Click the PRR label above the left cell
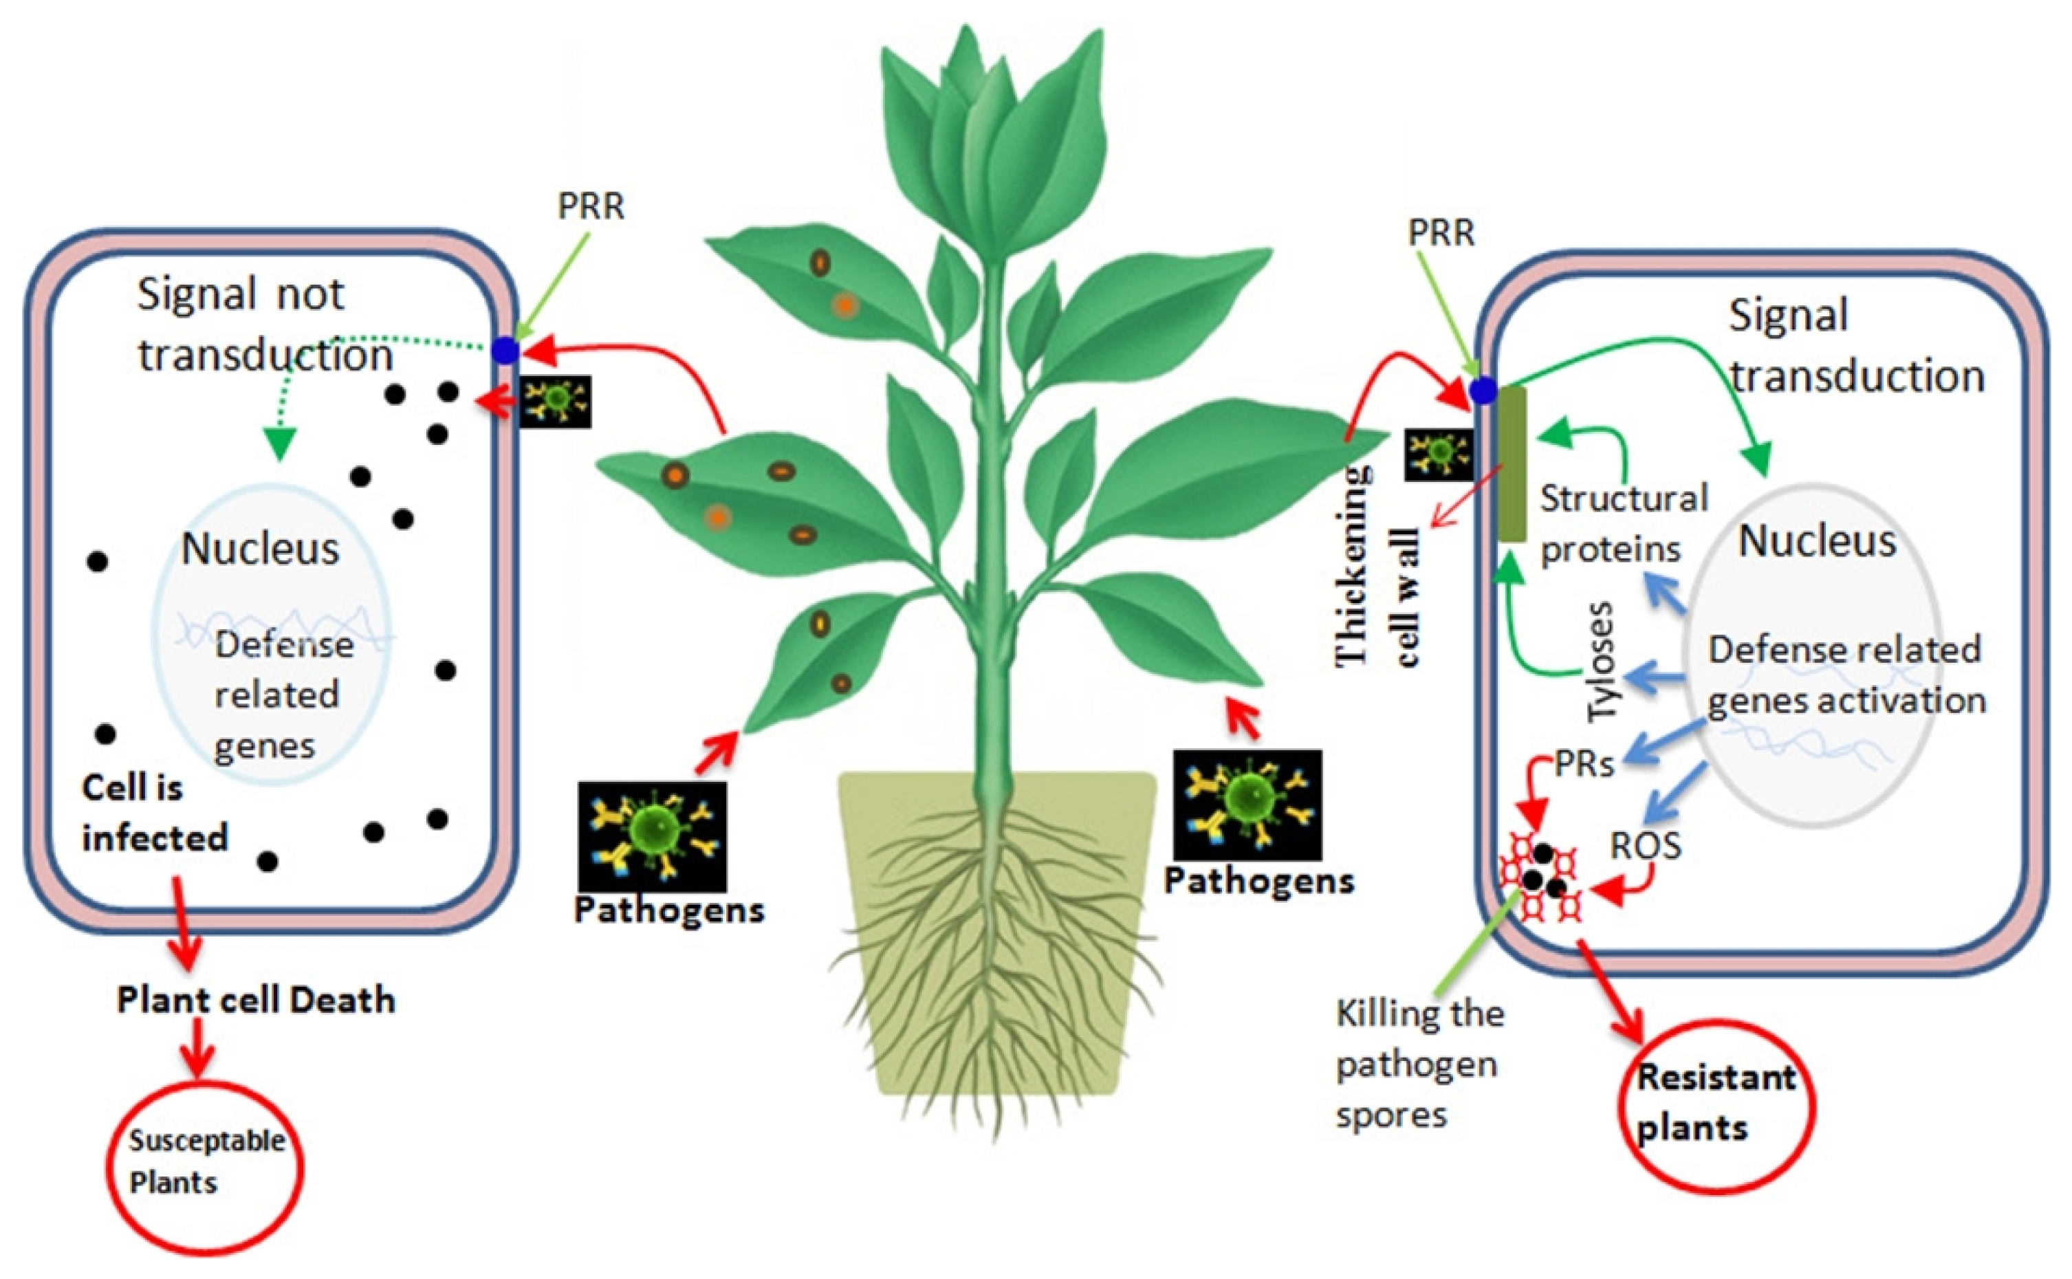(x=590, y=206)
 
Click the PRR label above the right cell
(x=1441, y=232)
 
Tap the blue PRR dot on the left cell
(x=505, y=350)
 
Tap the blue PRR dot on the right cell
(x=1483, y=391)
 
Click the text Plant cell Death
(x=255, y=1000)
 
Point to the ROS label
(x=1645, y=845)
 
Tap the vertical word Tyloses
(x=1601, y=662)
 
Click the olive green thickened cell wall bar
(x=1512, y=463)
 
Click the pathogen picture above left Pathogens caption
(x=652, y=835)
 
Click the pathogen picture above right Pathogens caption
(x=1247, y=805)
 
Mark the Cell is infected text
(x=155, y=813)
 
